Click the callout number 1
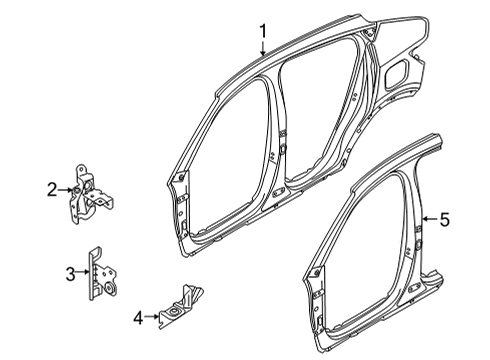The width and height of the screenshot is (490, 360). pyautogui.click(x=263, y=31)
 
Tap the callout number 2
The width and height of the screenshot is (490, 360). pyautogui.click(x=52, y=190)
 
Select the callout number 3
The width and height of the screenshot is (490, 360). pyautogui.click(x=70, y=274)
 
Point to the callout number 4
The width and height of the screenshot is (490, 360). pyautogui.click(x=138, y=318)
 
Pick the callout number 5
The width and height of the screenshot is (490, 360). pyautogui.click(x=445, y=220)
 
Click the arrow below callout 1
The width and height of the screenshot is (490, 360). pyautogui.click(x=263, y=48)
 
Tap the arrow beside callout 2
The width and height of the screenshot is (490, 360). pyautogui.click(x=65, y=190)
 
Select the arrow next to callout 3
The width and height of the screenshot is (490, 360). pyautogui.click(x=83, y=272)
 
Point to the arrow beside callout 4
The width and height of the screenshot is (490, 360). pyautogui.click(x=152, y=317)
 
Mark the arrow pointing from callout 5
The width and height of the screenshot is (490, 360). pyautogui.click(x=430, y=219)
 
